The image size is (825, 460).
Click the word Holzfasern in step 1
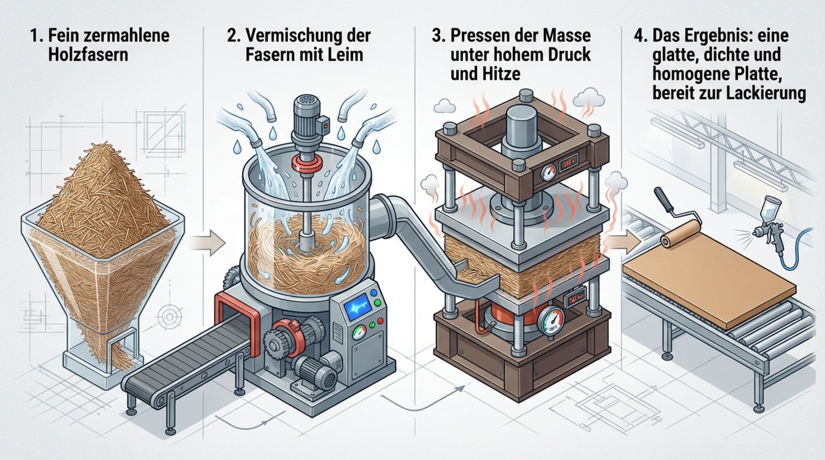tap(88, 55)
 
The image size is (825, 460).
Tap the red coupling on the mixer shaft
tap(307, 163)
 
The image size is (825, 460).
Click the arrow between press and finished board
tap(625, 241)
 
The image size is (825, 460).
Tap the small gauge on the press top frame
tap(548, 172)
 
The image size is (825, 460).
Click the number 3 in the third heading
tap(436, 35)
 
